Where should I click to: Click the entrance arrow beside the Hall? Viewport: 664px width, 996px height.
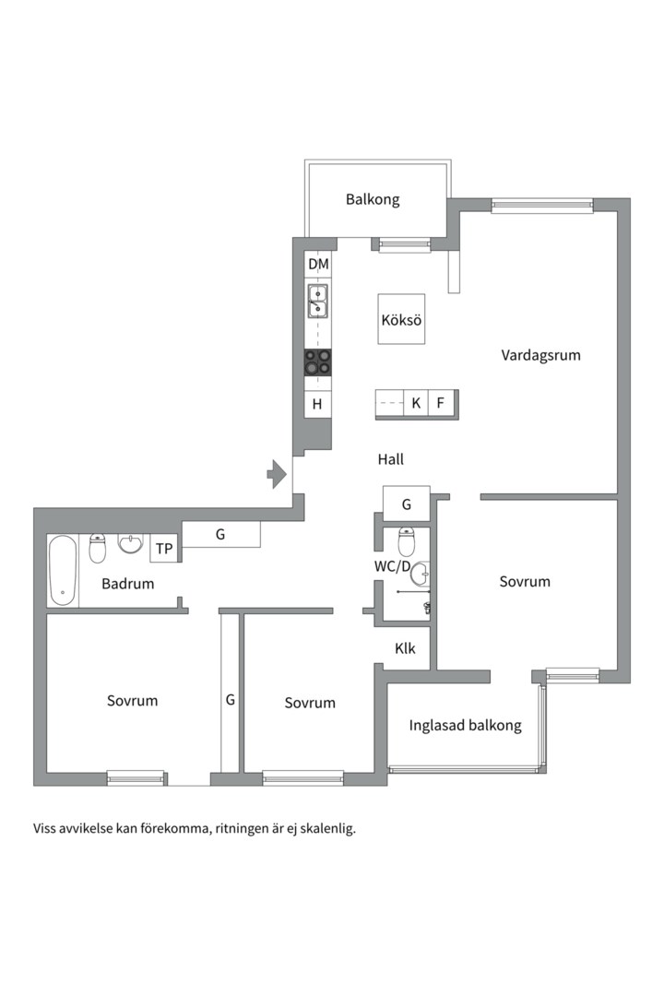coord(277,474)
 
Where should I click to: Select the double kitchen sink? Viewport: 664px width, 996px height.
coord(317,301)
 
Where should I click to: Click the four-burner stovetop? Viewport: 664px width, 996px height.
coord(317,362)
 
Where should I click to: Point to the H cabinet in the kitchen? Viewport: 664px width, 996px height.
coord(317,404)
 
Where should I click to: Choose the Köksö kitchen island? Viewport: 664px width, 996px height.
coord(401,319)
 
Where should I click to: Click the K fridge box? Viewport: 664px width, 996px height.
coord(416,403)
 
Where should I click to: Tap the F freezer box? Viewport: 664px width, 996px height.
coord(441,403)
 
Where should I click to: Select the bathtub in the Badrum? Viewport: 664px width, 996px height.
coord(63,571)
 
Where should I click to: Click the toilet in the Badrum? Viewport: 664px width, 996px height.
coord(97,548)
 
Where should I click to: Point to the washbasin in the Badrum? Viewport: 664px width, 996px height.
coord(131,543)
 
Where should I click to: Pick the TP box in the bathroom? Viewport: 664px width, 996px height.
coord(164,548)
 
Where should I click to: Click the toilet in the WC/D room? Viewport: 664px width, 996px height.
coord(406,542)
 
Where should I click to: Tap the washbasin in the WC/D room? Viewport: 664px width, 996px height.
coord(421,575)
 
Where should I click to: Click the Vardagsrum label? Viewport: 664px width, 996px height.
coord(540,355)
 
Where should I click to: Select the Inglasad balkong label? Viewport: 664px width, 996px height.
coord(465,726)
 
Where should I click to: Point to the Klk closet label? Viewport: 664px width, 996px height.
coord(406,648)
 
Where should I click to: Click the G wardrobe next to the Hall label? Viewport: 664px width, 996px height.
coord(407,504)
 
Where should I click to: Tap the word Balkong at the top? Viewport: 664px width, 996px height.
coord(373,199)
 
